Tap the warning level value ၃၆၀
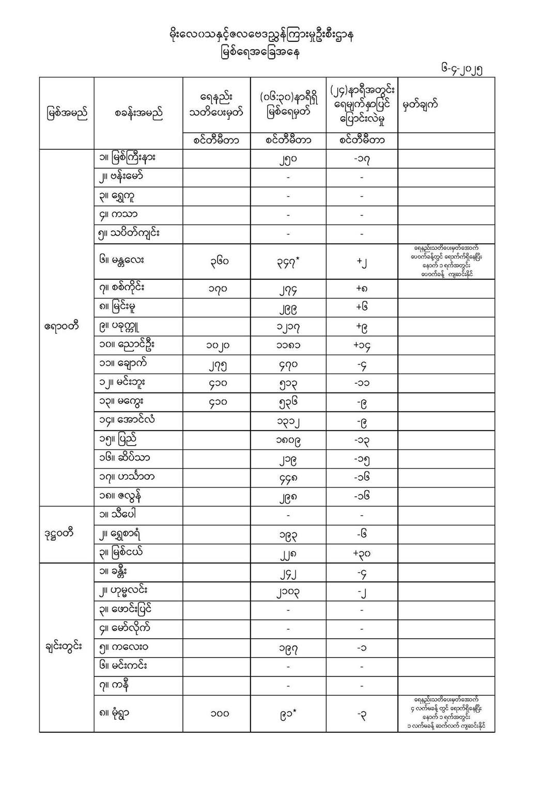[216, 262]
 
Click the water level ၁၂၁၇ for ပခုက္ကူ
[288, 326]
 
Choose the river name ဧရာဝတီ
[61, 326]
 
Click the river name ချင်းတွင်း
[63, 647]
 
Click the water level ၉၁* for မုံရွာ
[288, 714]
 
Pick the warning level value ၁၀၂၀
[216, 345]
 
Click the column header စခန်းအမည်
[138, 113]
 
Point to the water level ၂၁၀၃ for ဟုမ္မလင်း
[288, 592]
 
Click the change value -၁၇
[362, 159]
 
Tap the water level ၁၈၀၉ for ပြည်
[288, 440]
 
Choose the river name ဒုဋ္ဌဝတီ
[59, 533]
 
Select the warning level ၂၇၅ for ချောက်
[216, 365]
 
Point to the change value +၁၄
[362, 345]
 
